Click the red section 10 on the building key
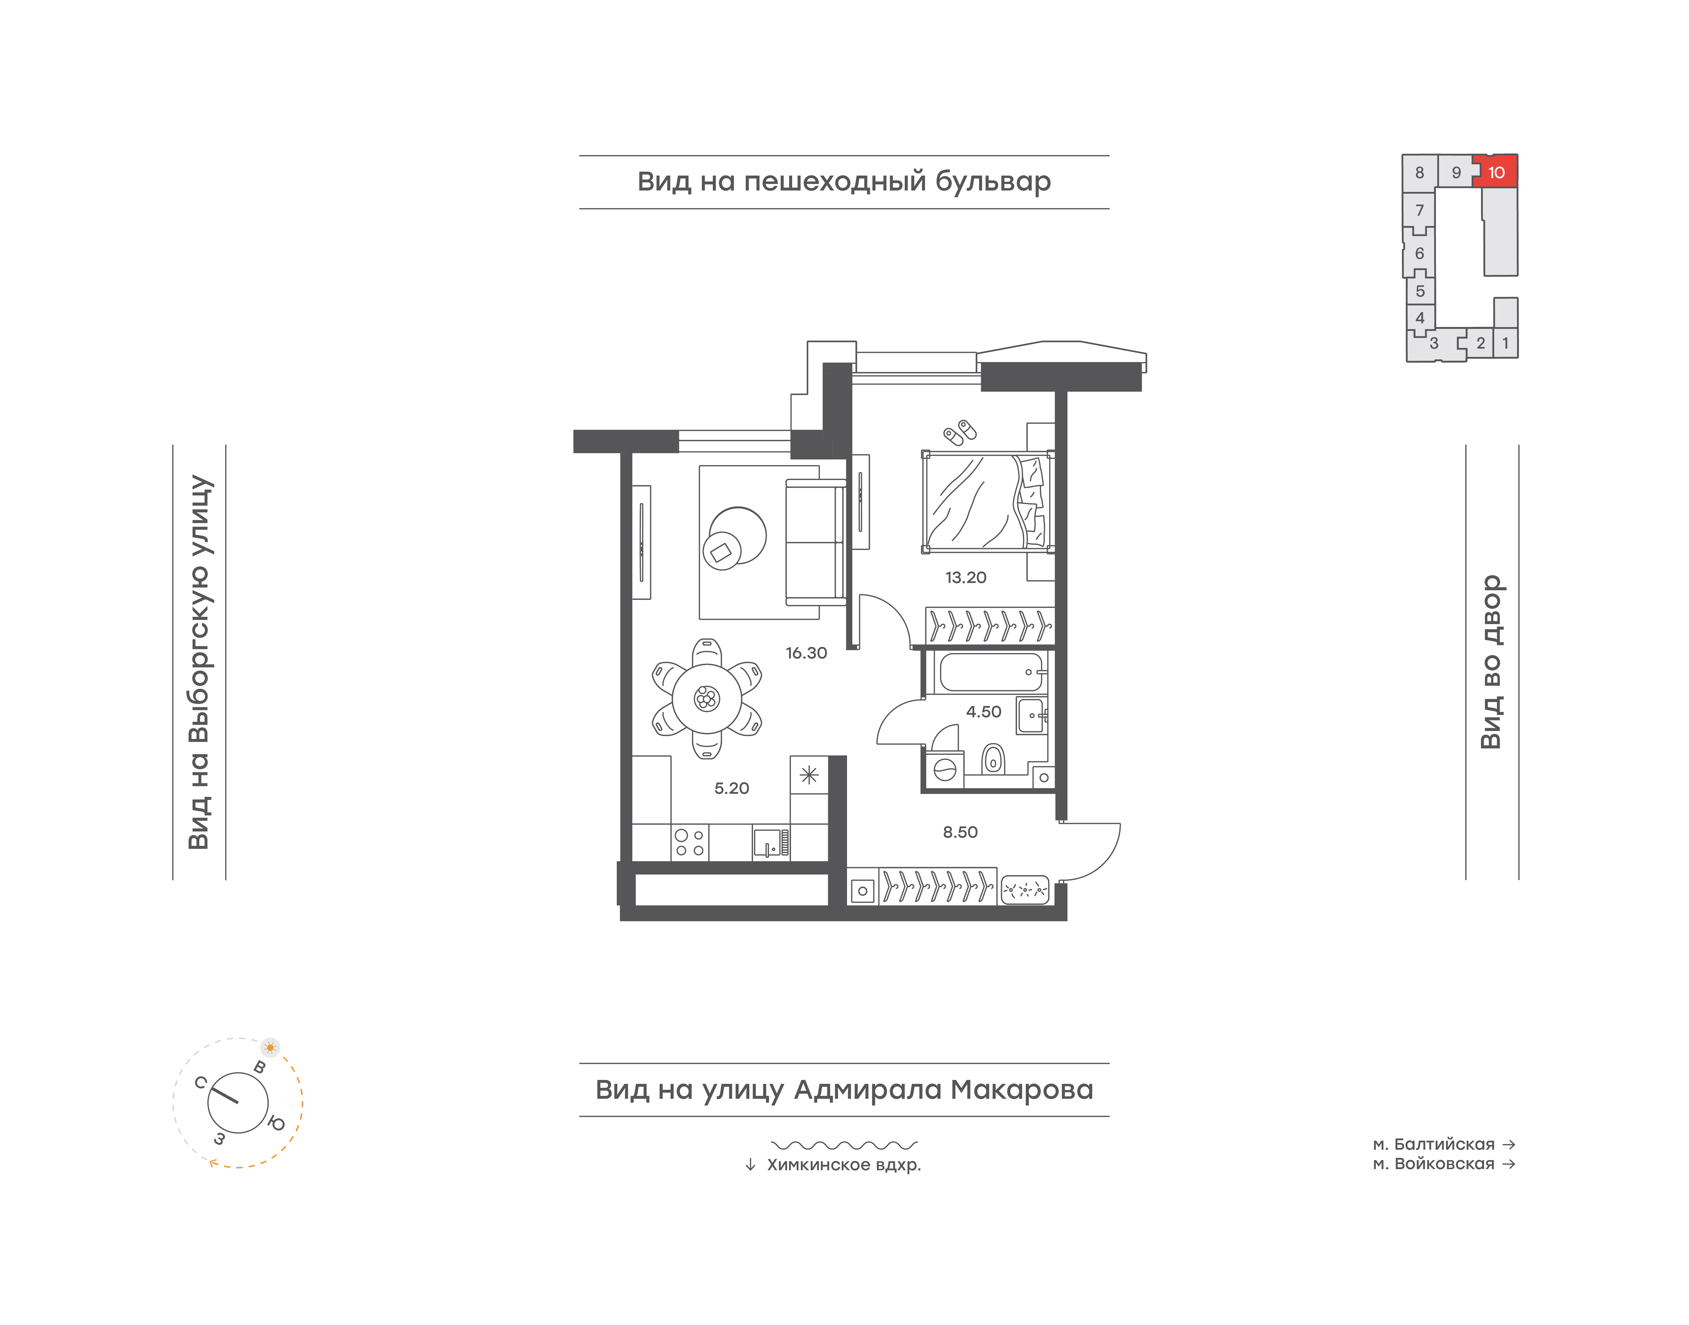[1496, 171]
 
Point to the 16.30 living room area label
[806, 653]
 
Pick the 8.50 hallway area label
[960, 832]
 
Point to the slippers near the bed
[960, 432]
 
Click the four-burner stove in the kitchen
[689, 842]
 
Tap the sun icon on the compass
[270, 1047]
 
